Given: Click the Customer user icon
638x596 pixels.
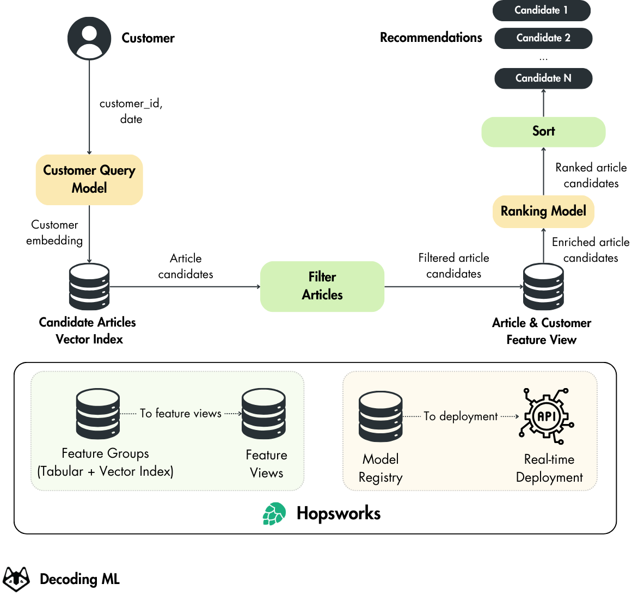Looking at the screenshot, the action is (x=89, y=38).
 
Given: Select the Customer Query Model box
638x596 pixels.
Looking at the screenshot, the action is (x=89, y=180).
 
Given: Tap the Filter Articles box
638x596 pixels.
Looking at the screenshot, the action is (x=322, y=286).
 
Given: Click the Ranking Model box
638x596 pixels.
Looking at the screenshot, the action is (x=543, y=211).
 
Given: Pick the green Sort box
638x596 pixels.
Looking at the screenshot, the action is (x=543, y=132).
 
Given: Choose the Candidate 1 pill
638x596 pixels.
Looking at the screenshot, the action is (x=541, y=10).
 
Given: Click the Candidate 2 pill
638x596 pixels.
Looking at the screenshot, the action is (x=543, y=38).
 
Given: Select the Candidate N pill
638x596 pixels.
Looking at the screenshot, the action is (x=543, y=78).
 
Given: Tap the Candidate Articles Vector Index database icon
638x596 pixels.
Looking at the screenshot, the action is (x=89, y=287).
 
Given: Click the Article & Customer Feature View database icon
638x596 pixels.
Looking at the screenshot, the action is (x=543, y=287).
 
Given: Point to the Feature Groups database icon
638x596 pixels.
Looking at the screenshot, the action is (x=98, y=414).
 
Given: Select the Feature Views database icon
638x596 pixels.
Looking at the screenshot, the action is (x=264, y=414).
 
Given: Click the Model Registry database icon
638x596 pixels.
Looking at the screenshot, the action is (x=381, y=416).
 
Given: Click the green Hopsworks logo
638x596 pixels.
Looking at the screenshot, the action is (x=274, y=514).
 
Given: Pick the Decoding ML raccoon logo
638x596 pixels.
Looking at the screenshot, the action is (x=17, y=579).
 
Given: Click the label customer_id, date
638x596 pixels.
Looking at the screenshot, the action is (x=131, y=111).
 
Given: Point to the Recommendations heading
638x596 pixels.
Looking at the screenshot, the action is (x=431, y=38).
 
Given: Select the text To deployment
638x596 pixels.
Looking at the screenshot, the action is (x=461, y=416).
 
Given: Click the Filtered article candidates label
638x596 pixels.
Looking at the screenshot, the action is (x=453, y=266).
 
